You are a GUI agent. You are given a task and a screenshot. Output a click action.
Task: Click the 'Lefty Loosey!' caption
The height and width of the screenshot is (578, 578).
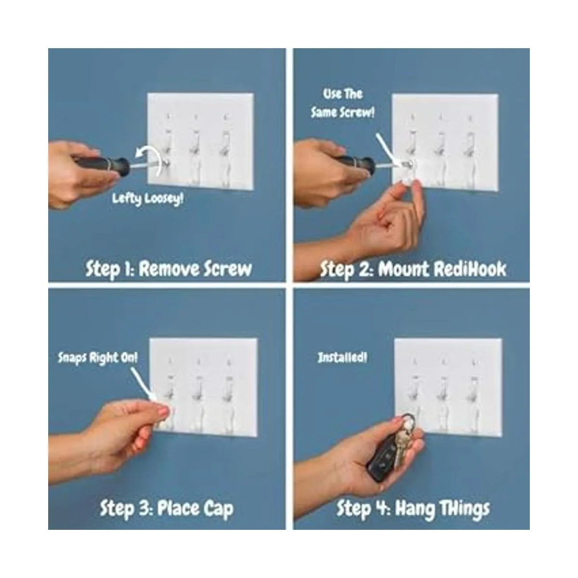(x=147, y=199)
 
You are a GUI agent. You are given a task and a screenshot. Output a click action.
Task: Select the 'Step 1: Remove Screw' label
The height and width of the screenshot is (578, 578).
(x=169, y=269)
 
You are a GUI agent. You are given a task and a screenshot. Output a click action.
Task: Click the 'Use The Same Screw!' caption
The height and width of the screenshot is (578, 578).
(x=343, y=104)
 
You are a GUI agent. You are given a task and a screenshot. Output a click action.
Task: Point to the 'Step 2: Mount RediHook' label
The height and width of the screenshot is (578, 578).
(x=413, y=269)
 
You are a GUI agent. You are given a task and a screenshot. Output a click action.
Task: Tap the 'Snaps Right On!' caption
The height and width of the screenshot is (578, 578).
(x=98, y=357)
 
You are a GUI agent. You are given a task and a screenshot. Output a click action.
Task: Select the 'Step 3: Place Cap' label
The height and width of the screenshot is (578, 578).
(x=167, y=508)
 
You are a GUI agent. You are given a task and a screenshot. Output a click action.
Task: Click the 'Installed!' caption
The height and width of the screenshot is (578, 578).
(x=342, y=357)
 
